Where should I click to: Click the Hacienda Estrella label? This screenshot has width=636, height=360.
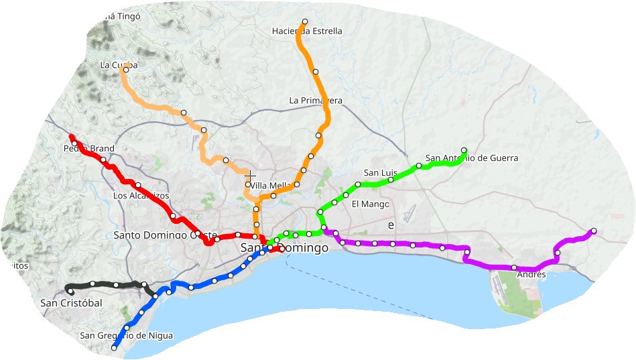tap(307, 31)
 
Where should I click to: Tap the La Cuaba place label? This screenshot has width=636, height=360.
tap(119, 65)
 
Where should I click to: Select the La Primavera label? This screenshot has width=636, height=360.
tap(316, 101)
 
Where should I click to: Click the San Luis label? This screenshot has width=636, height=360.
tap(380, 172)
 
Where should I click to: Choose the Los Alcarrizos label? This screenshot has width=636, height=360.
tap(141, 196)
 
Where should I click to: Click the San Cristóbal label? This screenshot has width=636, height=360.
tap(71, 303)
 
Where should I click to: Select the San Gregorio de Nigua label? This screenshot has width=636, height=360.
tap(126, 335)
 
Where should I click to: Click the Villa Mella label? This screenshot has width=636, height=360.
tap(271, 186)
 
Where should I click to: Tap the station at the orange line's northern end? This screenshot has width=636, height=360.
tap(305, 21)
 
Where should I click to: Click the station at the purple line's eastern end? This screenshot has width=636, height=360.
tap(594, 231)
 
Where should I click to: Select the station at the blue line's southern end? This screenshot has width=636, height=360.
tap(114, 347)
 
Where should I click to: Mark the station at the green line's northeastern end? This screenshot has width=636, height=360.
tap(464, 149)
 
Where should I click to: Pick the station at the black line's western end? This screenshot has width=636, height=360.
tap(71, 291)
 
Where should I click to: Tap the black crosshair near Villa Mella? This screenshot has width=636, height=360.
tap(251, 175)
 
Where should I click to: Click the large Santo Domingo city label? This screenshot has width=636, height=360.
tap(284, 248)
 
